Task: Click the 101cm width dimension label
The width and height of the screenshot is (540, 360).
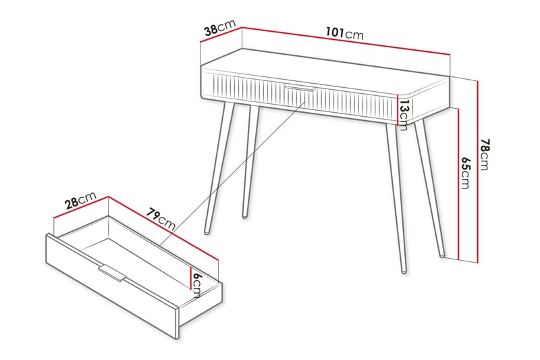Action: [x=344, y=33]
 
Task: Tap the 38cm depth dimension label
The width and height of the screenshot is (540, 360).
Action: [x=219, y=30]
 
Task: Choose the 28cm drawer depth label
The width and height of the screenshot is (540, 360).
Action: [x=80, y=201]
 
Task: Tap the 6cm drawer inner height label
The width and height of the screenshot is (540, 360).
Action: [x=196, y=284]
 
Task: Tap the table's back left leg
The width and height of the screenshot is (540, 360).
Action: [x=249, y=162]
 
